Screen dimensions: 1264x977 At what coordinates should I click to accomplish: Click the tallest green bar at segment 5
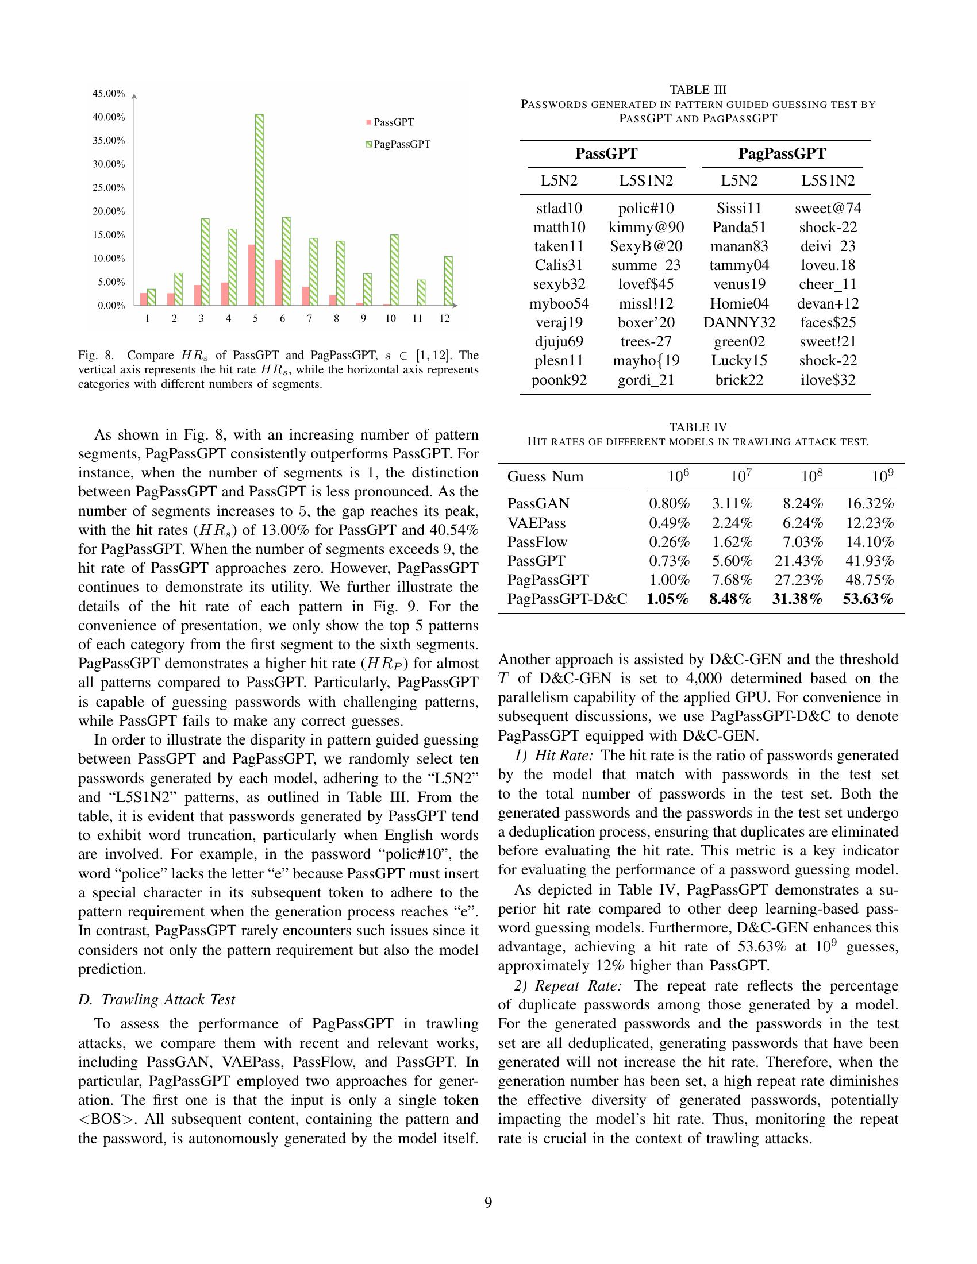[x=259, y=210]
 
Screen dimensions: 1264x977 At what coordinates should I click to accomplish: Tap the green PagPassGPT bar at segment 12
[x=448, y=281]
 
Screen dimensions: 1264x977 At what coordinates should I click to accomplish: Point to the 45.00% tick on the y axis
[x=109, y=93]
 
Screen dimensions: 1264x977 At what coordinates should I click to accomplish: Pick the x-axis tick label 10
[x=390, y=318]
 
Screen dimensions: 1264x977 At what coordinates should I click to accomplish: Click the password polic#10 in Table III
[x=646, y=209]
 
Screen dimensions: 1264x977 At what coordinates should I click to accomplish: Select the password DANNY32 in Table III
[x=739, y=323]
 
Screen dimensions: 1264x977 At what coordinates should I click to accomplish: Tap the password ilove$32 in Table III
[x=828, y=380]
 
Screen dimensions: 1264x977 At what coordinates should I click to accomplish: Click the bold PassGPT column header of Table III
[x=606, y=153]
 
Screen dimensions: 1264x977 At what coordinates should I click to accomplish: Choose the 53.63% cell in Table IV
[x=868, y=599]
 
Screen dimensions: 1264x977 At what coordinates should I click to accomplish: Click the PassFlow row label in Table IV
[x=537, y=542]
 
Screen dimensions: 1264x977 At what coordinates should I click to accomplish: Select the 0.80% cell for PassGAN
[x=669, y=503]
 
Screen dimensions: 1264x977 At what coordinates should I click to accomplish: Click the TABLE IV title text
[x=698, y=427]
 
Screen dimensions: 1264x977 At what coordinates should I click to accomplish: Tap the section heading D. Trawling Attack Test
[x=157, y=1000]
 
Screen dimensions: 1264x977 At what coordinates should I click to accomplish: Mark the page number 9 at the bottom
[x=488, y=1203]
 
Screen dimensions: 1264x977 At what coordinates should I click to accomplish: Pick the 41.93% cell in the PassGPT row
[x=868, y=561]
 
